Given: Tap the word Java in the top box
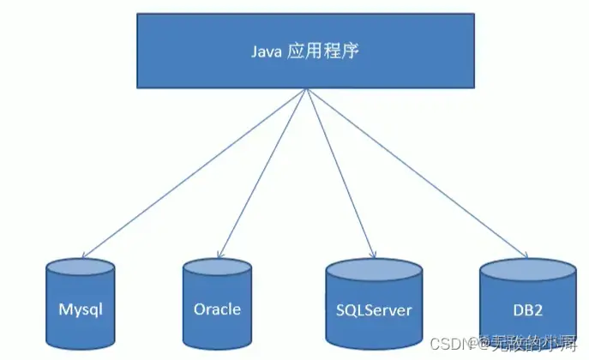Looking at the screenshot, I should pos(266,51).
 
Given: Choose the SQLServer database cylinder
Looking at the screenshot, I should pos(374,303).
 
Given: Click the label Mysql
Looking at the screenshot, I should pos(80,309).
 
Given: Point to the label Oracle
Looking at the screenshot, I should pos(217,309).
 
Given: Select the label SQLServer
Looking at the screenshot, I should pos(374,309).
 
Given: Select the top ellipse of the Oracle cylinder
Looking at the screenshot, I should pos(217,267).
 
